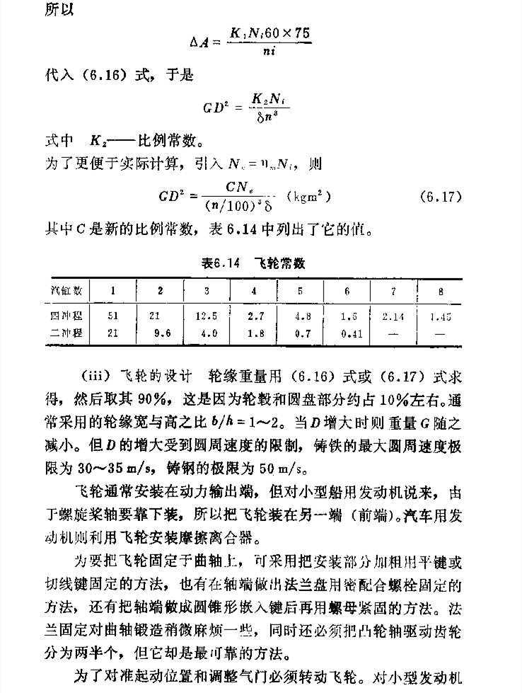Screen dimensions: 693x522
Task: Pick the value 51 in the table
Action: coord(112,312)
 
